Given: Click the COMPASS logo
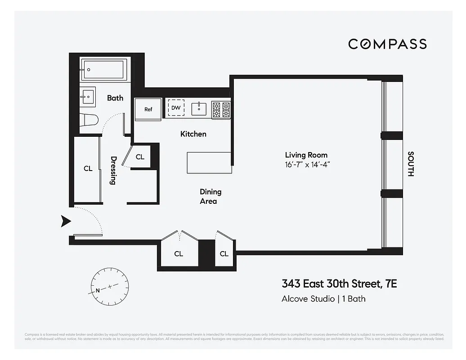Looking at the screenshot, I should (x=387, y=44).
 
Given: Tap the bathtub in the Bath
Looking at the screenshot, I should (x=106, y=69).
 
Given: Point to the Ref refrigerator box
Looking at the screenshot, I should (x=148, y=109).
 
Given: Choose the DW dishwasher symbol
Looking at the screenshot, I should (x=176, y=108).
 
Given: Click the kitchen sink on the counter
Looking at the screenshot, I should (x=199, y=108).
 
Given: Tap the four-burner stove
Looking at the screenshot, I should (x=221, y=110).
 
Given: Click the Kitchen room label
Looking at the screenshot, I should (x=193, y=134).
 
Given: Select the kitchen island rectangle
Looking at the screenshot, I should (x=209, y=162).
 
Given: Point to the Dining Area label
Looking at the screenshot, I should (x=211, y=197).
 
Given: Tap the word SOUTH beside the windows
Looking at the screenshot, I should (x=410, y=163).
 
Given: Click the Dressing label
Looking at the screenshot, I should (x=113, y=171).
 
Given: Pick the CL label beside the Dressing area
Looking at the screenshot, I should (x=88, y=169).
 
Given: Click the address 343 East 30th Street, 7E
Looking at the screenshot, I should (x=339, y=284).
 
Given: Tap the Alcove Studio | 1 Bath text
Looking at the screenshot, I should (x=323, y=298).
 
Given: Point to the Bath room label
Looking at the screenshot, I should (x=115, y=98).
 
